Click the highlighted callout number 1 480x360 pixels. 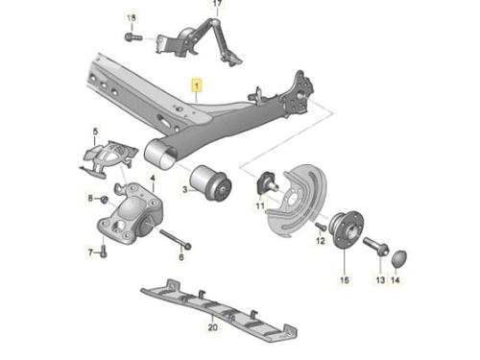(x=197, y=85)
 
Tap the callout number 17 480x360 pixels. (x=217, y=4)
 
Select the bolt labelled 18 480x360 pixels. (x=133, y=37)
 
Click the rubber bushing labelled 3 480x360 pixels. (x=211, y=183)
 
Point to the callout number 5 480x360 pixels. (x=95, y=132)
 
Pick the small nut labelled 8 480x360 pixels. (x=104, y=200)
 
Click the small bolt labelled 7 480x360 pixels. (x=104, y=252)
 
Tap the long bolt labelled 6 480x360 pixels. (x=176, y=239)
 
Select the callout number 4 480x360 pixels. (x=153, y=178)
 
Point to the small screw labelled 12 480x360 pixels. (x=321, y=227)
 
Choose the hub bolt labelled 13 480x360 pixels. (x=376, y=246)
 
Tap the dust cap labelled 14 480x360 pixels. (x=399, y=258)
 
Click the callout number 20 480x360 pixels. (x=213, y=327)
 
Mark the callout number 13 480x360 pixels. (x=380, y=280)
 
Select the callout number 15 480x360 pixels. (x=344, y=280)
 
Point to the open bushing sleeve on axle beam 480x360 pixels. (x=159, y=155)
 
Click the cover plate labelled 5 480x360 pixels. (x=108, y=156)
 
